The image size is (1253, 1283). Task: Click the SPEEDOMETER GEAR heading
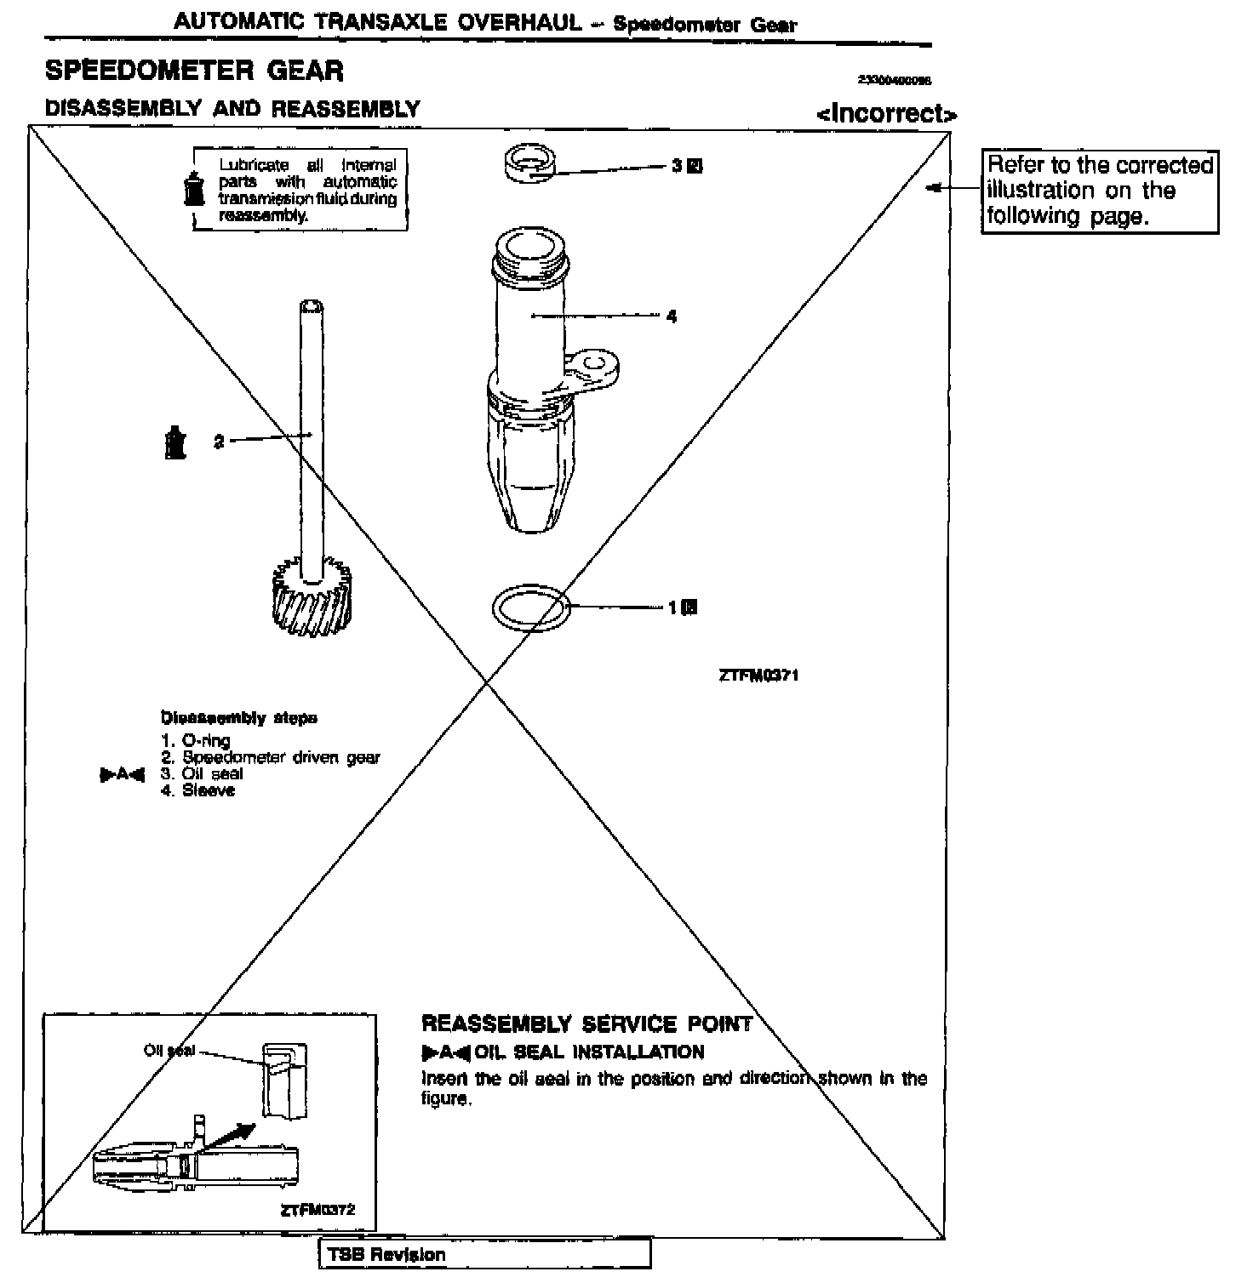tap(194, 70)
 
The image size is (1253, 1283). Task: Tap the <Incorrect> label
tap(886, 113)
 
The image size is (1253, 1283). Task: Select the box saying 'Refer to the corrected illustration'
tap(1100, 191)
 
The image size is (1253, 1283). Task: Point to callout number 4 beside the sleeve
tap(672, 316)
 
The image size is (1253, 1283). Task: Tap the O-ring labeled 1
tap(531, 608)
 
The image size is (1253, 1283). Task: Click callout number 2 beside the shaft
tap(219, 442)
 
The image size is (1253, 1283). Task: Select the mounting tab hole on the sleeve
tap(597, 366)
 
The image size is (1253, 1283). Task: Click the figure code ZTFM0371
tap(758, 676)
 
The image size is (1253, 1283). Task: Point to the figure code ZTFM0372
tap(318, 1210)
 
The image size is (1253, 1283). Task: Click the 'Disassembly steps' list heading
tap(239, 718)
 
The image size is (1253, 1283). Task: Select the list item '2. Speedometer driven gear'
tap(271, 757)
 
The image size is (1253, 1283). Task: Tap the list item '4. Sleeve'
tap(198, 790)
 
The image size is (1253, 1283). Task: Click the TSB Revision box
tap(484, 1254)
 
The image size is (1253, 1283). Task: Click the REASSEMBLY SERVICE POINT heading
tap(586, 1024)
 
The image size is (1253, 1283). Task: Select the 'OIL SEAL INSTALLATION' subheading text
tap(589, 1052)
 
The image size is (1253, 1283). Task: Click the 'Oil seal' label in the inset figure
tap(169, 1051)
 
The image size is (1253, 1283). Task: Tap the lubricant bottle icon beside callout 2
tap(175, 442)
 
